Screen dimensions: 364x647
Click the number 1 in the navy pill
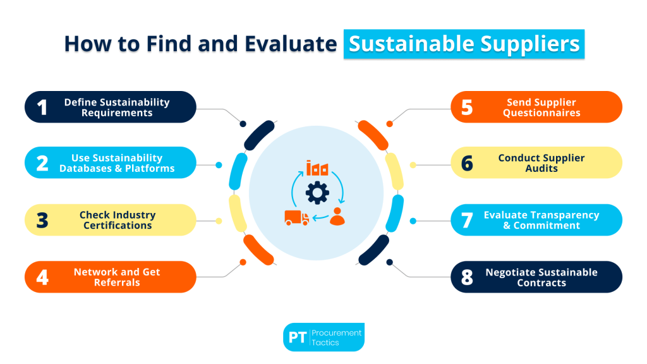click(42, 107)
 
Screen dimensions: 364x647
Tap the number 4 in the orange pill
click(42, 277)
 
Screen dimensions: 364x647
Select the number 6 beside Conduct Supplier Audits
click(467, 164)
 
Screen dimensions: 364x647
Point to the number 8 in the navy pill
click(467, 278)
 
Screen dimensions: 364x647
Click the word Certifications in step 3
click(118, 226)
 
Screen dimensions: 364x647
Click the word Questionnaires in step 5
click(541, 112)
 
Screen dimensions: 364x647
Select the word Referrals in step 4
click(117, 282)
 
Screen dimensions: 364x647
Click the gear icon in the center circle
click(315, 191)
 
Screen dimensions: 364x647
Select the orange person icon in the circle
click(339, 217)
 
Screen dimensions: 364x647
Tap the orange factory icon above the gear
click(317, 168)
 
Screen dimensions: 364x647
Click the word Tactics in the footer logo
click(326, 343)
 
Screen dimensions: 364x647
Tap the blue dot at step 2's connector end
click(219, 165)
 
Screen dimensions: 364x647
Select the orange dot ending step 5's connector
click(390, 123)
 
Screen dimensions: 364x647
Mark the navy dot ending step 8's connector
click(390, 262)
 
